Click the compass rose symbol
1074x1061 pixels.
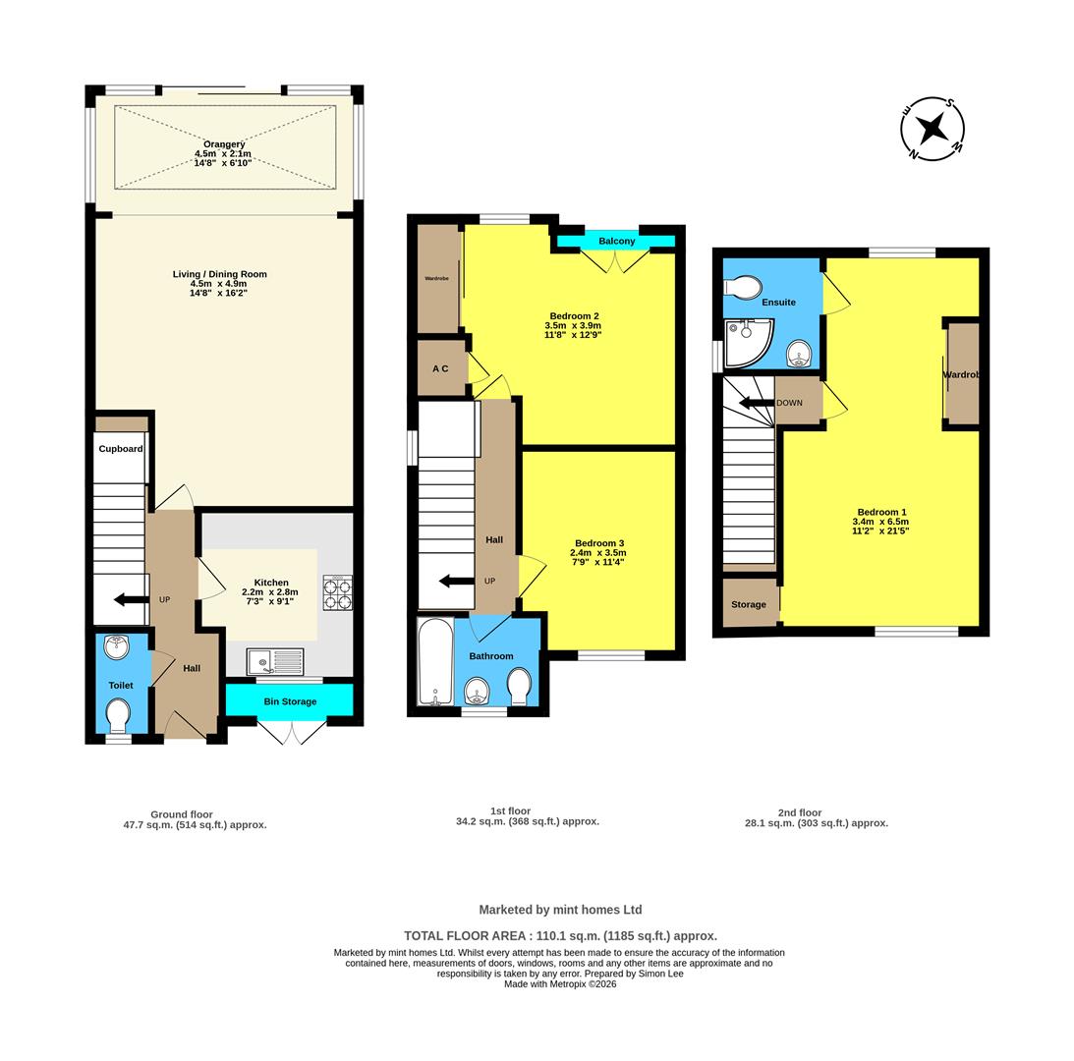(x=933, y=128)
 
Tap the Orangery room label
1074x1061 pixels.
(x=224, y=144)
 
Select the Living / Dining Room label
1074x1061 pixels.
(x=220, y=274)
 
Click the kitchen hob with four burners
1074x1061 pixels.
(x=338, y=592)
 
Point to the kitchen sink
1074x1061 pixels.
(x=275, y=662)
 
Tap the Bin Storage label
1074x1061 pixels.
(x=291, y=701)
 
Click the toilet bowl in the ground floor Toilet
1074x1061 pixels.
(x=119, y=715)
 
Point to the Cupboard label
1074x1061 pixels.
(x=121, y=449)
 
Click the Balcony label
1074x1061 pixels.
(x=616, y=241)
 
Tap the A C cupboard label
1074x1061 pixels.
(x=440, y=368)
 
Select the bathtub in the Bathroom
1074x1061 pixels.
(x=435, y=662)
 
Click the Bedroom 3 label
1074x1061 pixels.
(x=599, y=543)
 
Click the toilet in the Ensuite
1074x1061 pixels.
(x=743, y=286)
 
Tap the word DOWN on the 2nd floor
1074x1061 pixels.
(x=789, y=403)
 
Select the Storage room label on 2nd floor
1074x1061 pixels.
(x=748, y=604)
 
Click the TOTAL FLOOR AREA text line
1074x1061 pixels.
(x=560, y=935)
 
